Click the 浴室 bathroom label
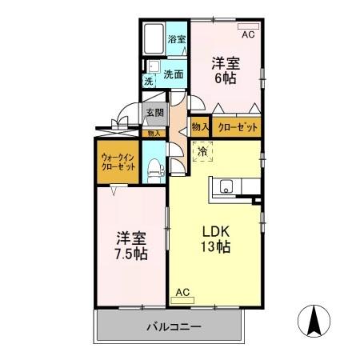pyautogui.click(x=177, y=39)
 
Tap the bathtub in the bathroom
pyautogui.click(x=153, y=38)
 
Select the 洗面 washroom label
pyautogui.click(x=174, y=74)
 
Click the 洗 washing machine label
pyautogui.click(x=149, y=81)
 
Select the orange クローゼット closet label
pyautogui.click(x=238, y=126)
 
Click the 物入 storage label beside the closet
pyautogui.click(x=200, y=126)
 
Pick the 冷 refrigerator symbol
pyautogui.click(x=203, y=150)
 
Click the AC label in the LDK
pyautogui.click(x=183, y=292)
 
